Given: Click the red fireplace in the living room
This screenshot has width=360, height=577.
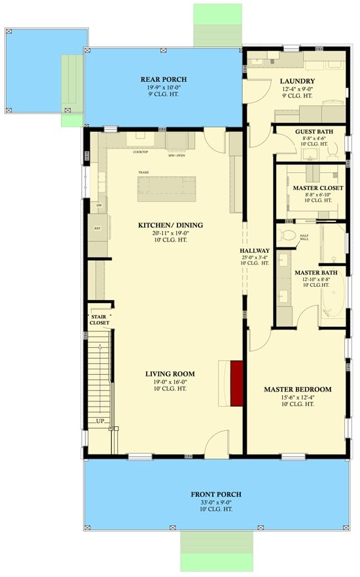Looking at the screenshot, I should click(x=236, y=383).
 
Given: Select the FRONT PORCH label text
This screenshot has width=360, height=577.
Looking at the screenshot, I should click(x=216, y=494).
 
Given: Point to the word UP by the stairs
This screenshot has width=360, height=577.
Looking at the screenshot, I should click(x=100, y=420).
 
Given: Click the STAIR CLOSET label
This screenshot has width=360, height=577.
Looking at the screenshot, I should click(x=100, y=319).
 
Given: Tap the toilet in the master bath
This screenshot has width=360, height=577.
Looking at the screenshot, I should click(x=288, y=235).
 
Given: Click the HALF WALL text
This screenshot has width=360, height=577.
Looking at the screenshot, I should click(x=304, y=238).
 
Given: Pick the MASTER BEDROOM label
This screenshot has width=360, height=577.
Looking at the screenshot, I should click(x=297, y=389).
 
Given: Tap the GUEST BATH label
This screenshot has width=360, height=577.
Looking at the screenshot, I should click(x=314, y=132).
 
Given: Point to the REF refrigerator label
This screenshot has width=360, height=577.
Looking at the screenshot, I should click(x=97, y=229).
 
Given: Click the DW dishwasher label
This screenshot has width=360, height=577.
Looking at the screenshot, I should click(x=98, y=205).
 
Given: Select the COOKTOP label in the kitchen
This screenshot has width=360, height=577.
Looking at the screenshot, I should click(x=140, y=152).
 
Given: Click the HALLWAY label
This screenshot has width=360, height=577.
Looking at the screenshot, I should click(x=255, y=251).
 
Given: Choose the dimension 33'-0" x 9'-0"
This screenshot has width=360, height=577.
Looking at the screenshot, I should click(x=216, y=502).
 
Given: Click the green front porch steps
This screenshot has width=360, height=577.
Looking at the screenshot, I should click(x=216, y=550).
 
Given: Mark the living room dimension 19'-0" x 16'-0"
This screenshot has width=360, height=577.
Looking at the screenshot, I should click(x=170, y=381).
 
